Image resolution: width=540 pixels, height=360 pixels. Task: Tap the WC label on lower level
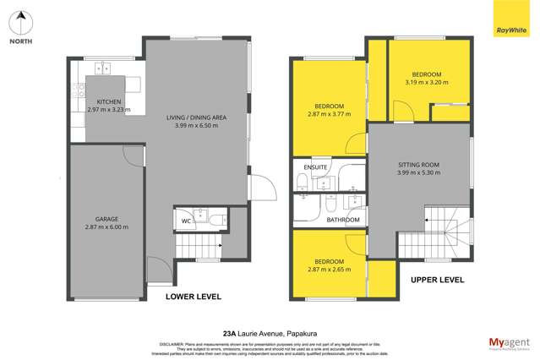coord(185,222)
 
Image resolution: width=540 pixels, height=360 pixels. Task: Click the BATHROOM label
coord(343,220)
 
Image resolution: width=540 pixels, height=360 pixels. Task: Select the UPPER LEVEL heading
coord(437,278)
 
